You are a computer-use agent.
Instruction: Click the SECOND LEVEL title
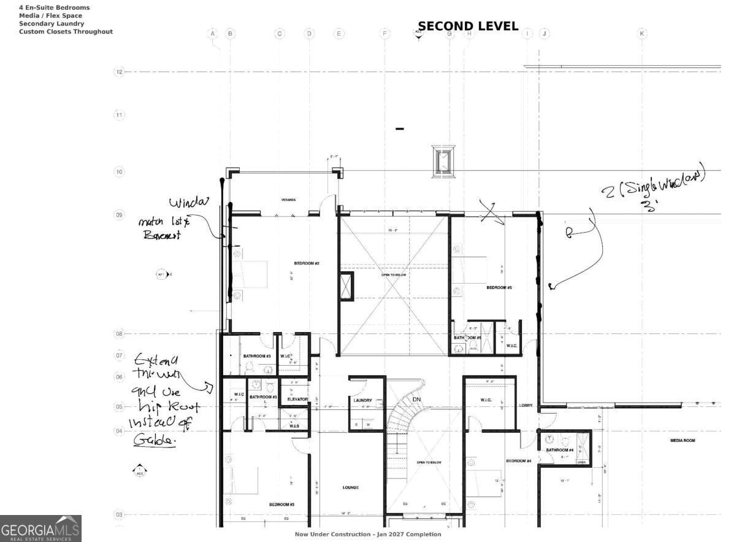pos(468,27)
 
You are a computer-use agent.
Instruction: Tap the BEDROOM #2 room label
pos(307,263)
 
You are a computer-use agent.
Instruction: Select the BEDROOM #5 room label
pos(499,287)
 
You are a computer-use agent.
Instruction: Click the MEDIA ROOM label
pos(682,441)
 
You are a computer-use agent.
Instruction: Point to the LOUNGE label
pos(350,487)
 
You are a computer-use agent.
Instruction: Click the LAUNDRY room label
pos(362,400)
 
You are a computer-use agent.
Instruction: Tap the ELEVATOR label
pos(297,400)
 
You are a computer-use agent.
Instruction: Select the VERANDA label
pos(288,200)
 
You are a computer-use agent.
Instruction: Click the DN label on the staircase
pos(416,400)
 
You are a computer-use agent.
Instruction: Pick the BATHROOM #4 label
pos(559,450)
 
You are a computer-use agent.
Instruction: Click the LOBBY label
pos(526,406)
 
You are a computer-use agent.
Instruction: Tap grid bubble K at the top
pos(642,33)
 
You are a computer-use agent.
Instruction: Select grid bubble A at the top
pos(213,33)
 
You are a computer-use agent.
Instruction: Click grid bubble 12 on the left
pos(119,72)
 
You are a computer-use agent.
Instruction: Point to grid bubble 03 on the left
pos(119,514)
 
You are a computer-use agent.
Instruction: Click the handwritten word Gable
pos(154,441)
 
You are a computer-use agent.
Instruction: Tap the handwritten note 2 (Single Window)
pos(653,185)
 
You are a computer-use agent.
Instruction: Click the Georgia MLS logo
pos(40,528)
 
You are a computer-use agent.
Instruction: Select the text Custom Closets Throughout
pos(66,31)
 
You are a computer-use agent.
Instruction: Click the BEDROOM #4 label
pos(518,461)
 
